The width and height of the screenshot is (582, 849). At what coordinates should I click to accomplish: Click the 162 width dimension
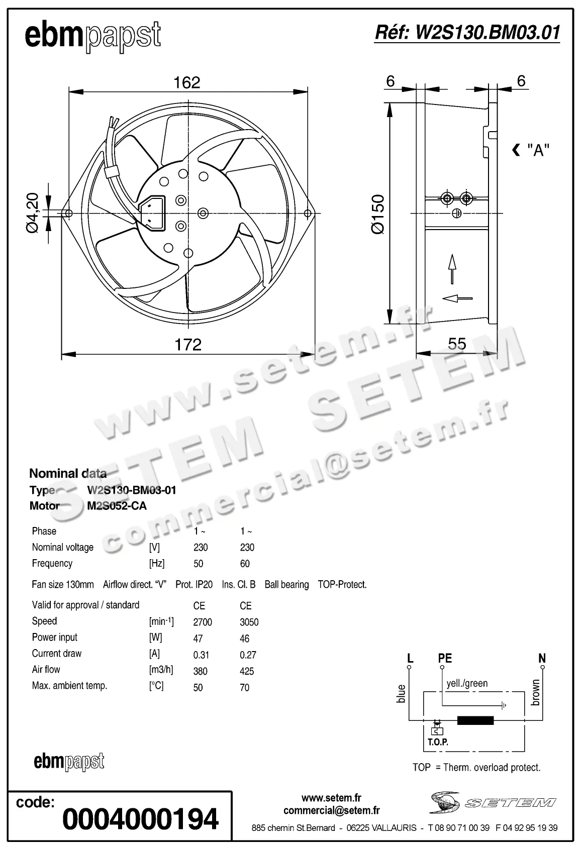(187, 82)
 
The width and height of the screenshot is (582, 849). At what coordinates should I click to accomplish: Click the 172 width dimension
(188, 344)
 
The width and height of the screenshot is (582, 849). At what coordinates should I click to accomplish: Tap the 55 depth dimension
(457, 344)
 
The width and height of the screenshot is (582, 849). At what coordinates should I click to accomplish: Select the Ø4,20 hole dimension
(32, 213)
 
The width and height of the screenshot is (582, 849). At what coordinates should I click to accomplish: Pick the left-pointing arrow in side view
(457, 298)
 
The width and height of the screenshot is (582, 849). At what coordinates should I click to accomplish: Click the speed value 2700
(203, 622)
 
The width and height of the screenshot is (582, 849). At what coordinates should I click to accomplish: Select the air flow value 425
(247, 671)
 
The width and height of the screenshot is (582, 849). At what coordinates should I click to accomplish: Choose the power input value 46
(244, 639)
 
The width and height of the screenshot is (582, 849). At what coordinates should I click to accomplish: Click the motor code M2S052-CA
(117, 506)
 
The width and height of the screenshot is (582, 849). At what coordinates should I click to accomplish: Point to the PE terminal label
(445, 658)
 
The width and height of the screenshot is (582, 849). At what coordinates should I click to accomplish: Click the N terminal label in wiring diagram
(542, 658)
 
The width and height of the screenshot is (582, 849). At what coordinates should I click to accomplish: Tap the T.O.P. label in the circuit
(438, 741)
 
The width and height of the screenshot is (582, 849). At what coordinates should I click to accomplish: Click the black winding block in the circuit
(475, 721)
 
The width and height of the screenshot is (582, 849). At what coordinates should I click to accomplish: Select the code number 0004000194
(140, 819)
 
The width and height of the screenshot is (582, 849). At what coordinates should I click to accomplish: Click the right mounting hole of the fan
(308, 214)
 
